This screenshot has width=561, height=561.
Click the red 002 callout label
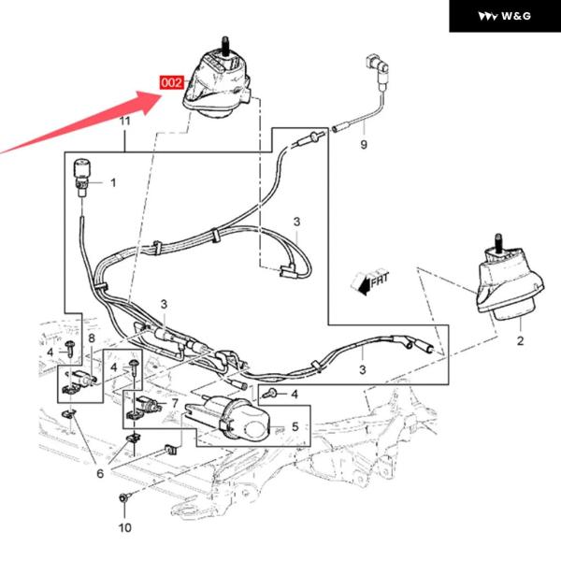(x=172, y=82)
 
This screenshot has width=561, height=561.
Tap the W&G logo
(x=504, y=16)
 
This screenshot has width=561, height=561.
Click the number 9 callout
(x=365, y=145)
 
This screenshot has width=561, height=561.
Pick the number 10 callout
(x=124, y=527)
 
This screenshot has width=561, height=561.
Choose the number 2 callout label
(x=521, y=341)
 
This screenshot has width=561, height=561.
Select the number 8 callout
(x=92, y=338)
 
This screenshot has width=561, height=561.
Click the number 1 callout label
(x=113, y=183)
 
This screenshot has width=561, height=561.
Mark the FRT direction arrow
(x=370, y=279)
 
